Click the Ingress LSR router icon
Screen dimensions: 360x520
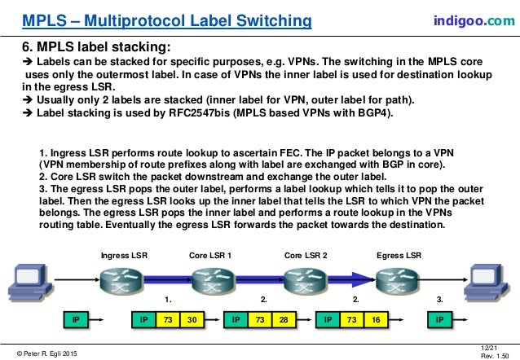click(120, 279)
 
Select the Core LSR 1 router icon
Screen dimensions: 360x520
click(211, 279)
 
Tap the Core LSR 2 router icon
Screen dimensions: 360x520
click(305, 279)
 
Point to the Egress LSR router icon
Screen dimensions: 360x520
click(399, 279)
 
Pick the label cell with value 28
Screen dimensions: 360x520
click(282, 319)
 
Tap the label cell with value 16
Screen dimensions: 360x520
click(374, 319)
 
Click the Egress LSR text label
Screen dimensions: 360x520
click(399, 254)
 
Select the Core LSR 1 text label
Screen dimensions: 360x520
click(210, 254)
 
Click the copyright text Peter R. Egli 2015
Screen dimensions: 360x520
click(48, 351)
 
